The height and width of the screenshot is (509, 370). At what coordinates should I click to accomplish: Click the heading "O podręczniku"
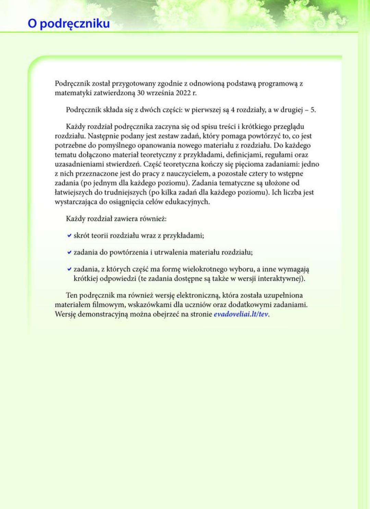pos(69,24)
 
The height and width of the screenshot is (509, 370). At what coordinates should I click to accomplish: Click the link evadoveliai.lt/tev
pos(241,314)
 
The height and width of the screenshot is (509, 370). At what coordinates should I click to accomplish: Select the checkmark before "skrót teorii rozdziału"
pos(69,235)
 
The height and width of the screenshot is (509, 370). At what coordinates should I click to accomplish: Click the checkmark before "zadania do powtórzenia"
pos(69,252)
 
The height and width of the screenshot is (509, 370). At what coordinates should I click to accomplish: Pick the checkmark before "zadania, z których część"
pos(69,269)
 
